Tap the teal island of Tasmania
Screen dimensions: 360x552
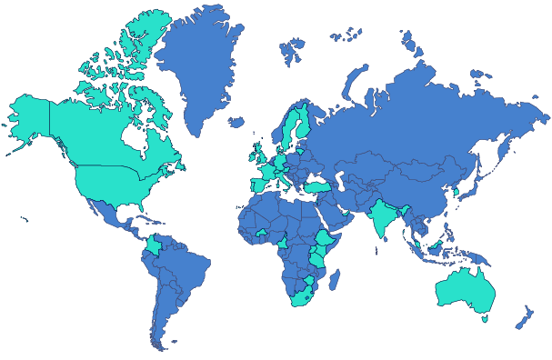click(485, 318)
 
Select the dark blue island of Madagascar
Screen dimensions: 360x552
click(334, 275)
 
